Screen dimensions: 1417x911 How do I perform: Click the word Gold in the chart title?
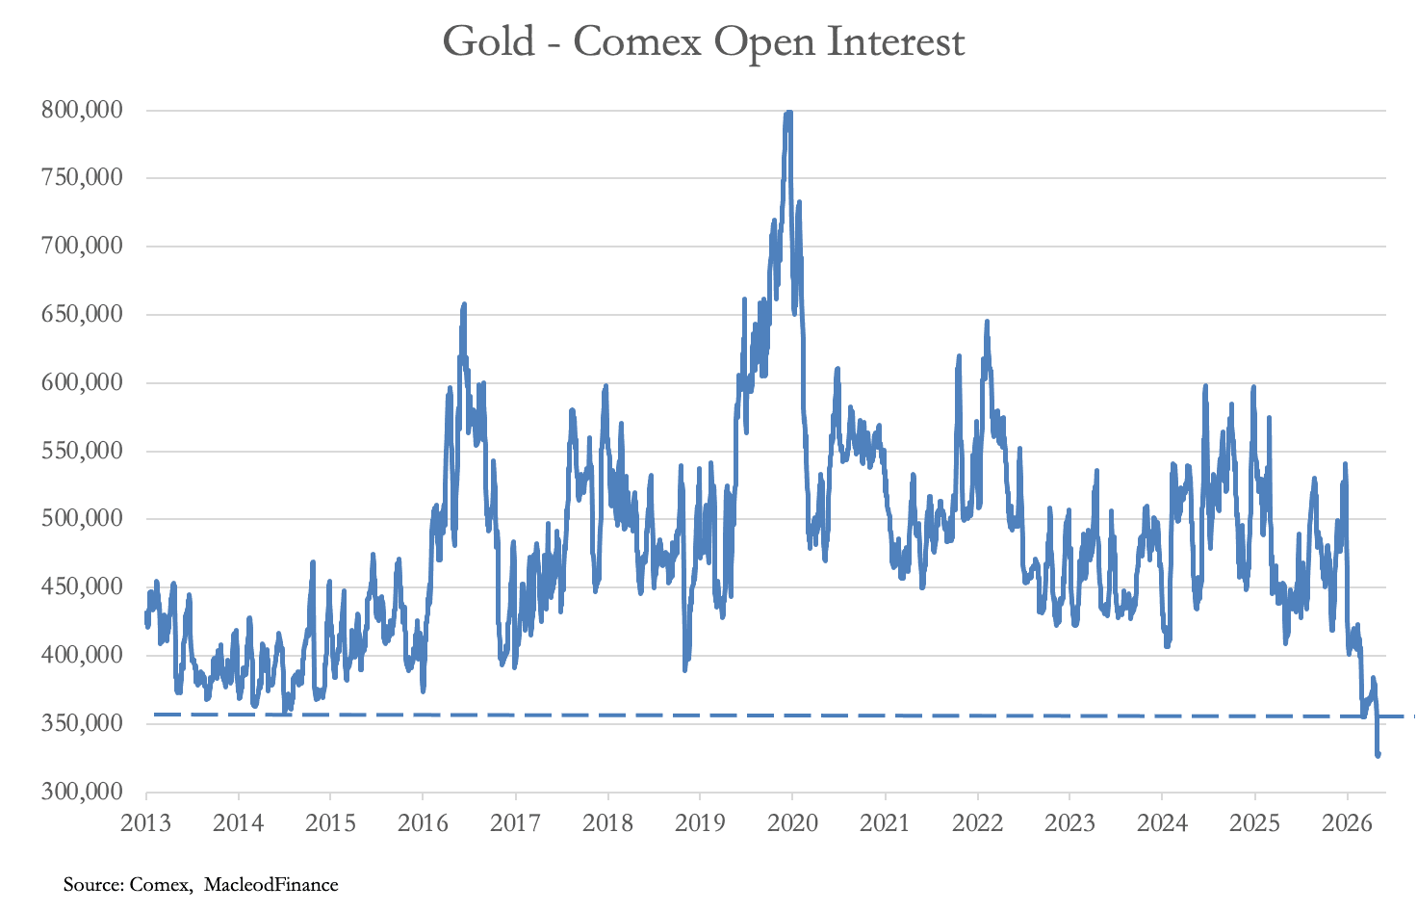489,41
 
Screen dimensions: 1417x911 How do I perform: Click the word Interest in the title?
896,41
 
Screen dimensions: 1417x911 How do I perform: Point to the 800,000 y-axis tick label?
82,110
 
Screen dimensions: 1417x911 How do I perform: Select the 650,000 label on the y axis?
82,315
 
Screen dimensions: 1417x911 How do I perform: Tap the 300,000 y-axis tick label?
82,792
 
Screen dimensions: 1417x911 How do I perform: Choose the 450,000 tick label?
82,587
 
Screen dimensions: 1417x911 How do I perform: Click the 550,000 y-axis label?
82,451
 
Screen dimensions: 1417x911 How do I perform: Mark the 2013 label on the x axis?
145,823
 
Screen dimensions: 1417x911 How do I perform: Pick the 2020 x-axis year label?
792,823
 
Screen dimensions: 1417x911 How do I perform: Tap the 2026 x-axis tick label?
1348,823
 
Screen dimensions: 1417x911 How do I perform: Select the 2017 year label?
515,823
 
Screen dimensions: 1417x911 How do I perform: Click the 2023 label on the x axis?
1069,823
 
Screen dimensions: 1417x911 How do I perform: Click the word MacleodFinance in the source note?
271,884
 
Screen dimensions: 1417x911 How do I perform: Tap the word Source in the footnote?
93,884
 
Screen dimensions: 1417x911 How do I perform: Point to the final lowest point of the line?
1378,755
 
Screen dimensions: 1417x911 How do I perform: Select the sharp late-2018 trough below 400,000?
685,668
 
